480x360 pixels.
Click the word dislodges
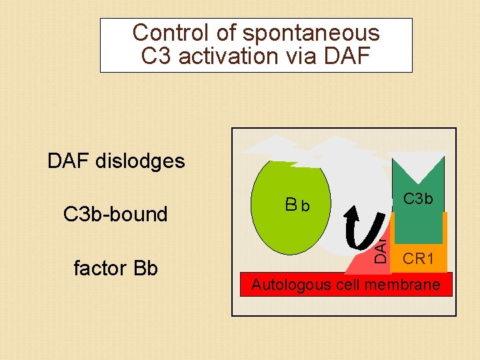pyautogui.click(x=141, y=161)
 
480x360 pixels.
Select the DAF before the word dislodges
pyautogui.click(x=69, y=161)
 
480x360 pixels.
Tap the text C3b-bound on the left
pyautogui.click(x=115, y=214)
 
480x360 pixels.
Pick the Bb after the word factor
pyautogui.click(x=144, y=268)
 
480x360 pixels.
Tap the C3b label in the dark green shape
pyautogui.click(x=418, y=199)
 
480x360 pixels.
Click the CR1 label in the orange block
pyautogui.click(x=419, y=259)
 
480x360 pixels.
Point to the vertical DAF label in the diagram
pyautogui.click(x=379, y=249)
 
